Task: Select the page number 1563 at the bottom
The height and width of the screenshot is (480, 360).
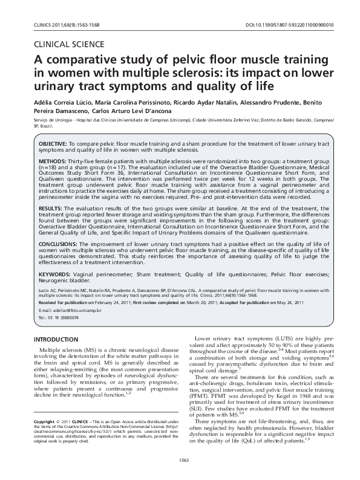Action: click(180, 461)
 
